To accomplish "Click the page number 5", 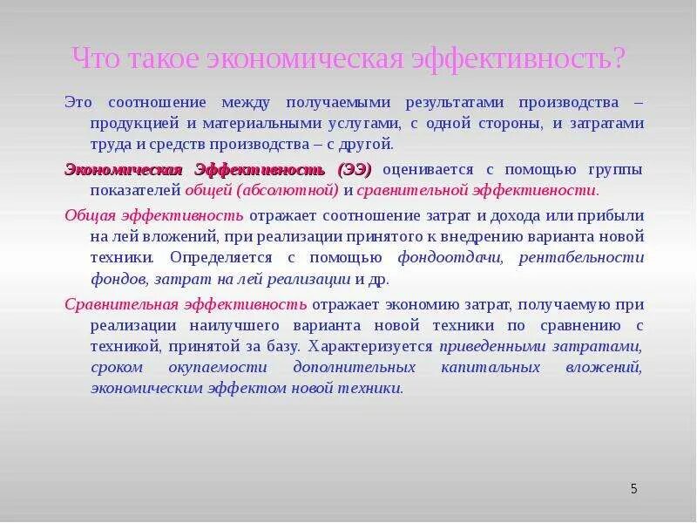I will (634, 489).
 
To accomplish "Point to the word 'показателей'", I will (134, 189).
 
